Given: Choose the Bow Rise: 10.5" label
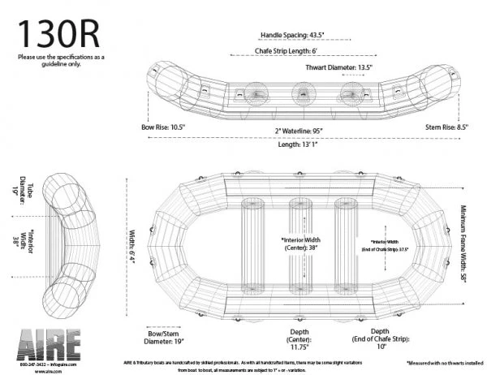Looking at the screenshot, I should pyautogui.click(x=164, y=127).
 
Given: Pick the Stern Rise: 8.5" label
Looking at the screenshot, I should pyautogui.click(x=447, y=127).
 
